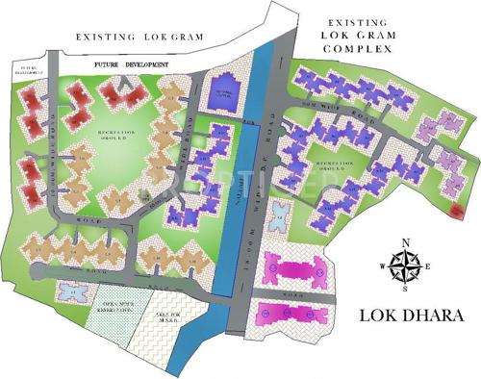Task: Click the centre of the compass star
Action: [x=405, y=266]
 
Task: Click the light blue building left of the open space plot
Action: [x=69, y=290]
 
